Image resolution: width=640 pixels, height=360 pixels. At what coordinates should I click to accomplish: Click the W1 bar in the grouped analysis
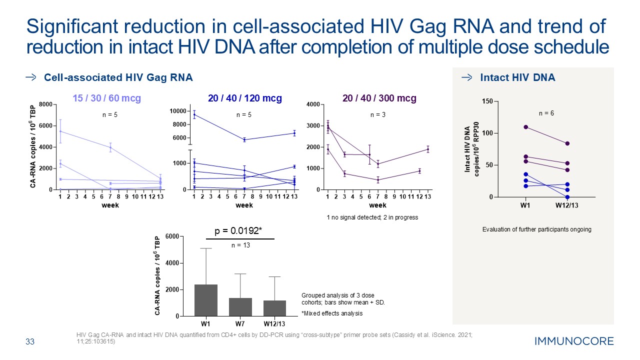[x=206, y=300]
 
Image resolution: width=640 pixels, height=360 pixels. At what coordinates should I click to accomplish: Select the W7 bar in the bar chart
[x=240, y=307]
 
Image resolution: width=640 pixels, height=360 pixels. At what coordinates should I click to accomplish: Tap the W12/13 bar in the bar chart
[x=274, y=308]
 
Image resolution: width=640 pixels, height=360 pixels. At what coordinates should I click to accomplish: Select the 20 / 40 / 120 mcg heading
[x=244, y=98]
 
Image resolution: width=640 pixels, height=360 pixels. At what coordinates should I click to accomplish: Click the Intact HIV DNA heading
[x=517, y=77]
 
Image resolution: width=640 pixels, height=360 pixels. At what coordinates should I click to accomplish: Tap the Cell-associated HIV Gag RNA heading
[x=118, y=77]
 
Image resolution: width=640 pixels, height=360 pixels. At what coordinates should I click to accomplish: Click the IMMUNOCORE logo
[x=574, y=341]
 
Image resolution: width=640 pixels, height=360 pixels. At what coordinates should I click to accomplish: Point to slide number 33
[x=30, y=342]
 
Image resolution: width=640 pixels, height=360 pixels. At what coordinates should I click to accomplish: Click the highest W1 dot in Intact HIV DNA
[x=525, y=127]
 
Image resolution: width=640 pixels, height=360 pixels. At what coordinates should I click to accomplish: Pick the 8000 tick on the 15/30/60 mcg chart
[x=45, y=104]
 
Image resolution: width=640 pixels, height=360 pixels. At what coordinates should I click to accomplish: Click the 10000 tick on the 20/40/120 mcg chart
[x=179, y=111]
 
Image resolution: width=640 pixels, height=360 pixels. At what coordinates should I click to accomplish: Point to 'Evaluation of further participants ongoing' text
[x=536, y=229]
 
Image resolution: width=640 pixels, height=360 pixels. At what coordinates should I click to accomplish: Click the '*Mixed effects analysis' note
[x=332, y=313]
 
